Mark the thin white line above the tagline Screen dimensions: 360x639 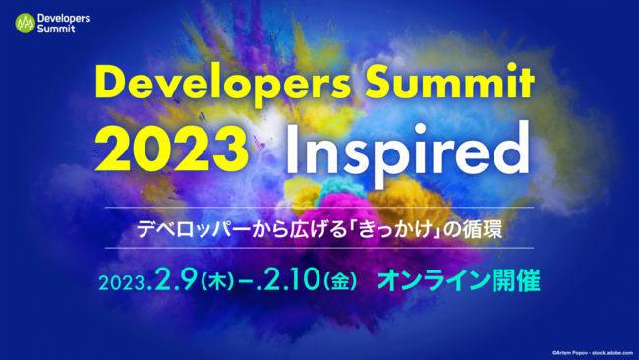tap(319, 210)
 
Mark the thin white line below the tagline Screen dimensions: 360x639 tap(319, 247)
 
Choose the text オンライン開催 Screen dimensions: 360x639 tap(458, 281)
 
